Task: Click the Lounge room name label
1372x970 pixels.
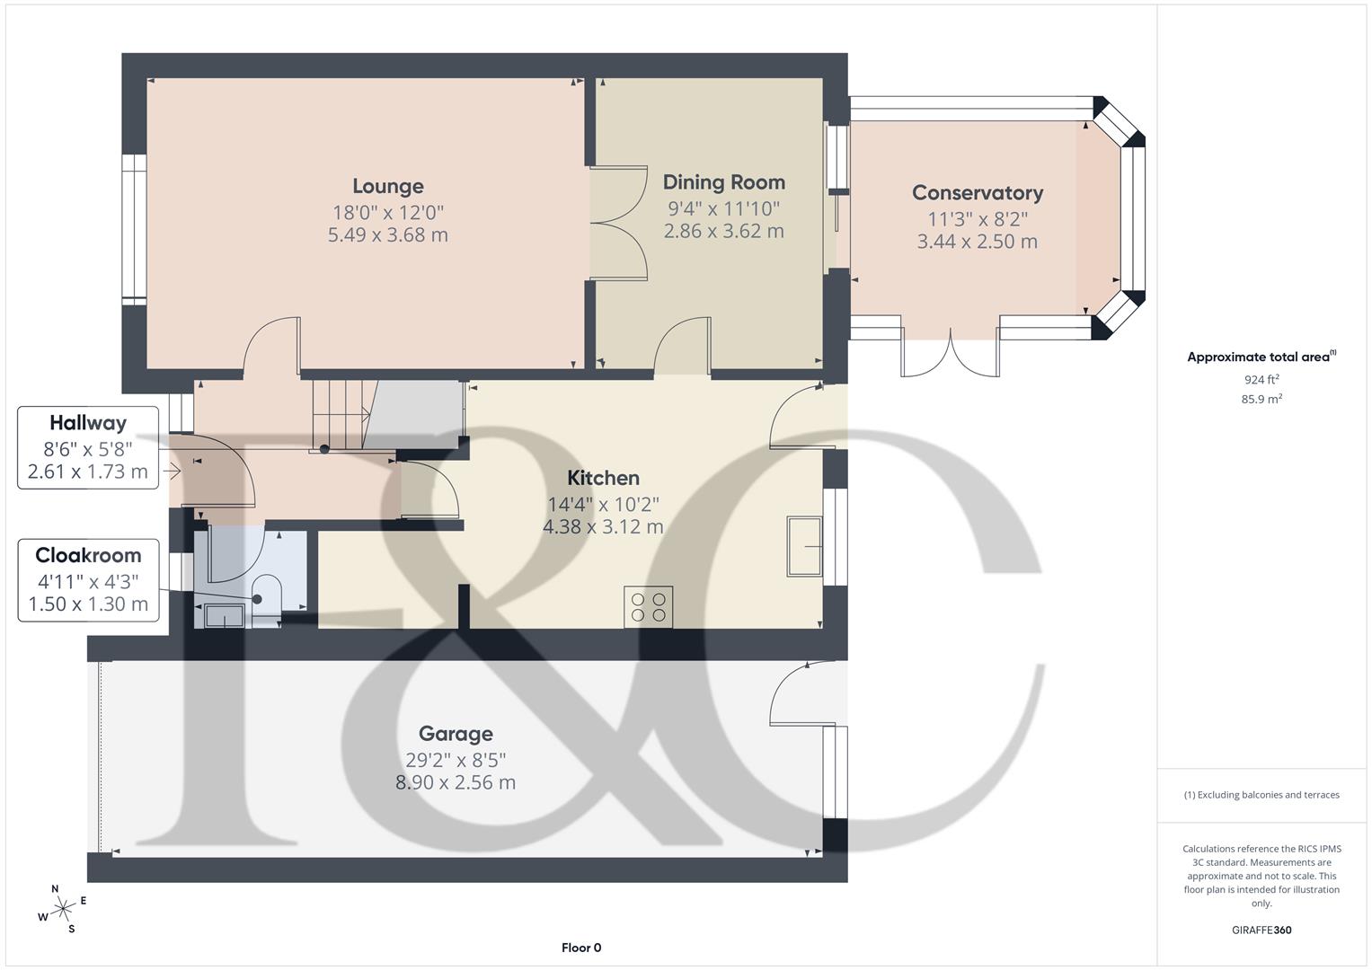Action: (x=387, y=186)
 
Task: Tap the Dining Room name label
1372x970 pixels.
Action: (x=723, y=182)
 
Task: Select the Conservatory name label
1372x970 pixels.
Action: (x=977, y=193)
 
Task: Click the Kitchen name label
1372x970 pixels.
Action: (x=603, y=478)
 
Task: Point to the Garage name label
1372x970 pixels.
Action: (x=456, y=734)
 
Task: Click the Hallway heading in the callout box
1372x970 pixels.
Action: (x=88, y=423)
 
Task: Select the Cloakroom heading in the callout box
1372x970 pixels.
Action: (x=88, y=555)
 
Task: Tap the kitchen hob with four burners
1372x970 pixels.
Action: (x=649, y=606)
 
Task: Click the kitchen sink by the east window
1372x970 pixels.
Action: (x=804, y=545)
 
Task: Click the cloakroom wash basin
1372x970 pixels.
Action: (x=222, y=616)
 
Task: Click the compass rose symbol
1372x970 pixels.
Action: (x=63, y=909)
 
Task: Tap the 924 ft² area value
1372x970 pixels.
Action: (x=1261, y=380)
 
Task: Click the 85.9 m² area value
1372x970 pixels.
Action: (x=1261, y=400)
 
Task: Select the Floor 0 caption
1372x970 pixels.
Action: (x=581, y=948)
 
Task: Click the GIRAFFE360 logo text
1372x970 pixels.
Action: (x=1261, y=930)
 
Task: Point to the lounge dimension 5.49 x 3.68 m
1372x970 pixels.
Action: (x=387, y=235)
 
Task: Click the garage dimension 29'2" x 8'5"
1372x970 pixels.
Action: (x=456, y=759)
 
